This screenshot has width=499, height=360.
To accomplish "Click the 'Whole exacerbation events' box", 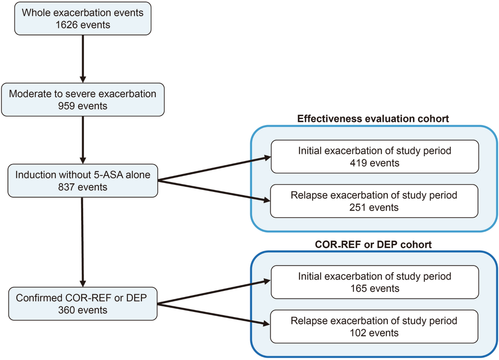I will [x=82, y=19].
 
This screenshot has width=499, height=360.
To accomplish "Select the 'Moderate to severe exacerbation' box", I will [x=82, y=100].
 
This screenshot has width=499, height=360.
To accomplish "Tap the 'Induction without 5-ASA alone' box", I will [x=82, y=181].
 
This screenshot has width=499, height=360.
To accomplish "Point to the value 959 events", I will [x=82, y=106].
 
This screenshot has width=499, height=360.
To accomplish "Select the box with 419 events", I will [x=374, y=156].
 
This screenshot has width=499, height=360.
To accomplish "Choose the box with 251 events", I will [x=374, y=201].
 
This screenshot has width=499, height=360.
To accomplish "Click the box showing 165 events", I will [x=374, y=283].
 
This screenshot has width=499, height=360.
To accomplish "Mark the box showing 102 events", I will [x=374, y=327].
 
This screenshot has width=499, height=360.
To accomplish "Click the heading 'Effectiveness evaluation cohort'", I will [x=373, y=119].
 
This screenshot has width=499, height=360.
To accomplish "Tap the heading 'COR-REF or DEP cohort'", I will [x=373, y=244].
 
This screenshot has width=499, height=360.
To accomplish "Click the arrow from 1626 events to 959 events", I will [x=83, y=58].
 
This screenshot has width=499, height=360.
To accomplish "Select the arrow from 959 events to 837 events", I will [x=83, y=139].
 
